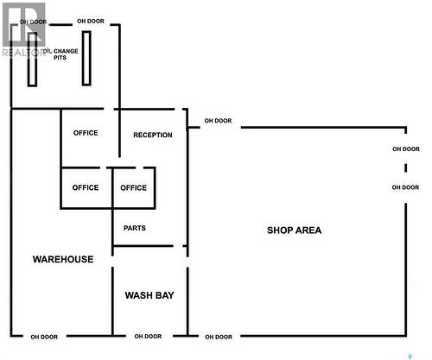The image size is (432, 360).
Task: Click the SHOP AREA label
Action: (x=294, y=231)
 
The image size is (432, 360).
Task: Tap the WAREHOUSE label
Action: (x=63, y=259)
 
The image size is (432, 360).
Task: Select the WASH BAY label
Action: (x=149, y=295)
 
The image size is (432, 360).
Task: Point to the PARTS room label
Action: (x=135, y=228)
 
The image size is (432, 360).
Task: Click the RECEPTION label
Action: (x=153, y=135)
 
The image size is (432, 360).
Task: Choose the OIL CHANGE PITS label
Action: (x=60, y=54)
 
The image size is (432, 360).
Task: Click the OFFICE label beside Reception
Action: (x=86, y=133)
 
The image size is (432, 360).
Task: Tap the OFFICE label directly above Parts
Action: (x=134, y=188)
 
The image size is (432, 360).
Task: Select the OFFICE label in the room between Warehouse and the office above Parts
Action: (x=86, y=187)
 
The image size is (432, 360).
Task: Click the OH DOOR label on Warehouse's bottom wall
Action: (x=44, y=337)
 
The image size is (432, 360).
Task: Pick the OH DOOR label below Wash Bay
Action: (x=148, y=336)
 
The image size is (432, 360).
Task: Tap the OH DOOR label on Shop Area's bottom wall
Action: (x=219, y=337)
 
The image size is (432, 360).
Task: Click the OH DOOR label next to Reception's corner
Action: (x=218, y=121)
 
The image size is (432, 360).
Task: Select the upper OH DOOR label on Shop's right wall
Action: (x=406, y=149)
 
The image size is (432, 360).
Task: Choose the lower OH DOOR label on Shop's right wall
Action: (x=405, y=187)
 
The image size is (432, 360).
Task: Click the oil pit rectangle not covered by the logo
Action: (x=86, y=59)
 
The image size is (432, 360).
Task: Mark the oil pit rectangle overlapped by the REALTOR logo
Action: (x=32, y=60)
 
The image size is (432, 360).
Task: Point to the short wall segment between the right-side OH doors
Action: (x=406, y=167)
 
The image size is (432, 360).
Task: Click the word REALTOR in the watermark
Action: (x=23, y=53)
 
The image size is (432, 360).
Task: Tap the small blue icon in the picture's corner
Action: (x=410, y=357)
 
